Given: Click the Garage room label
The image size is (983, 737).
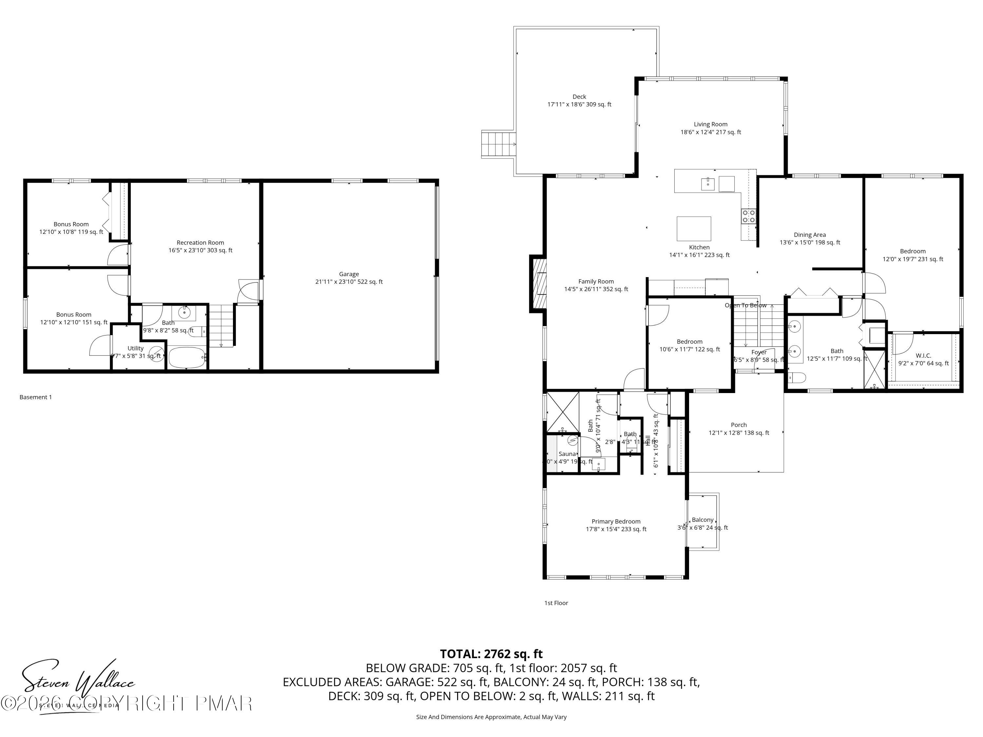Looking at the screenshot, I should (x=349, y=278).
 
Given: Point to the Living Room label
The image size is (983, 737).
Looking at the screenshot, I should (x=711, y=128).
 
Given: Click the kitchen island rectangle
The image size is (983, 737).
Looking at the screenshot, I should (x=694, y=228).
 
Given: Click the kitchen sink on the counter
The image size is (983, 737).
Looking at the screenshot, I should (x=707, y=182).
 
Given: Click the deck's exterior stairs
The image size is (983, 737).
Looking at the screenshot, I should (x=498, y=144).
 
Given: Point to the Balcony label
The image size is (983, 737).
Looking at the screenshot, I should (x=703, y=523).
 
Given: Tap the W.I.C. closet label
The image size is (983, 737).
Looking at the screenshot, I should (x=923, y=359).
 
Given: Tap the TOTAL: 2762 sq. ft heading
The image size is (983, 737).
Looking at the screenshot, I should (x=491, y=654).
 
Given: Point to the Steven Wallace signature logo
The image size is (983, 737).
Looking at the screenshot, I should (x=78, y=684).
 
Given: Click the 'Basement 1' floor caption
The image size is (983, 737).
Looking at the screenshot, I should (x=35, y=397).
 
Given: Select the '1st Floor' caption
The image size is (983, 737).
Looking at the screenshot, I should (x=556, y=603).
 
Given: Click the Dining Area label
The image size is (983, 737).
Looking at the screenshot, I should (x=810, y=238).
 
